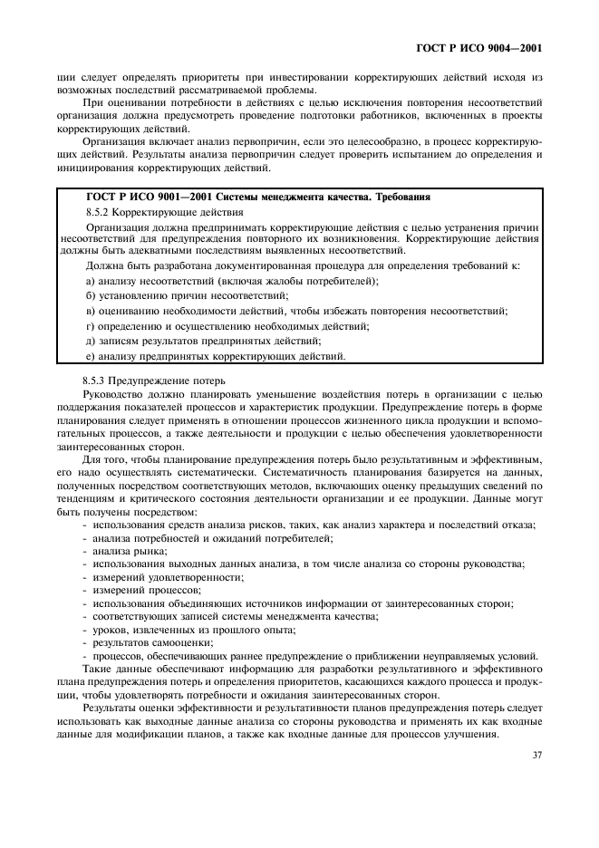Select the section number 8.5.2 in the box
(x=97, y=210)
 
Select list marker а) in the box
(x=90, y=282)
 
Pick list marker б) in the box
(x=90, y=296)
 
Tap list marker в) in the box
(x=90, y=311)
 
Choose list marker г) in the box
(x=90, y=325)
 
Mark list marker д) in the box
(x=90, y=341)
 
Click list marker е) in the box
(x=90, y=355)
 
